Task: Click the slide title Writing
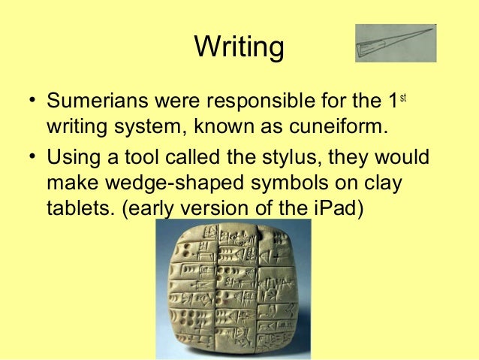click(x=239, y=47)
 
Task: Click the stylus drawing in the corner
click(x=396, y=44)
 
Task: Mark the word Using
click(x=71, y=159)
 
